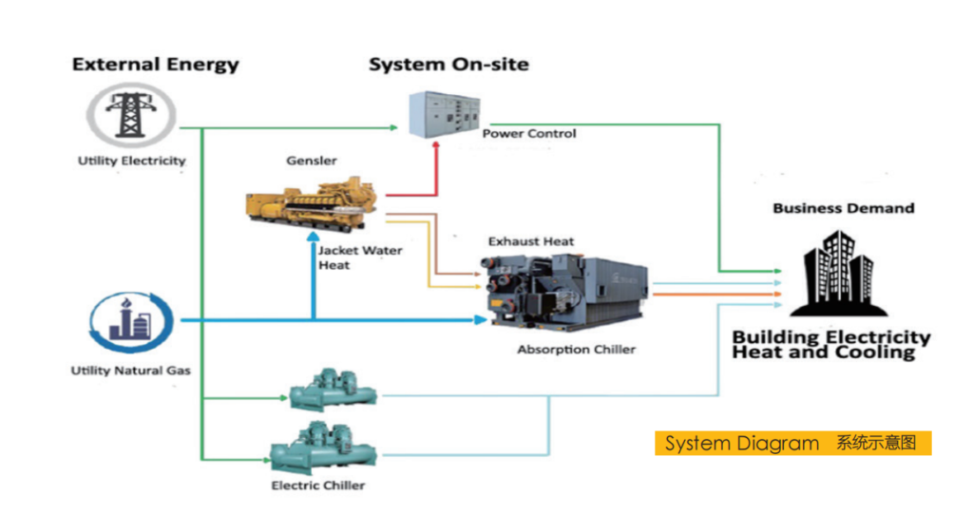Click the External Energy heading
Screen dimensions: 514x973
pyautogui.click(x=155, y=65)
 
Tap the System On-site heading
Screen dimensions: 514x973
pyautogui.click(x=448, y=65)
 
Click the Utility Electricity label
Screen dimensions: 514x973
pyautogui.click(x=131, y=161)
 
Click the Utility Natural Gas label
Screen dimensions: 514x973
pyautogui.click(x=130, y=370)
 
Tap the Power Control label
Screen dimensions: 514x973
pyautogui.click(x=528, y=133)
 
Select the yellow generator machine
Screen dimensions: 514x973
pyautogui.click(x=311, y=202)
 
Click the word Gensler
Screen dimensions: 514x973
pyautogui.click(x=311, y=161)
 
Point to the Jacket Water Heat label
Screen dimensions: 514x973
pyautogui.click(x=346, y=257)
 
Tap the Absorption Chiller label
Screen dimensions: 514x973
pyautogui.click(x=576, y=350)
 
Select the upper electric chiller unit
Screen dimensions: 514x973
pyautogui.click(x=332, y=390)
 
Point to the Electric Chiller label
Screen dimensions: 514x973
pyautogui.click(x=317, y=485)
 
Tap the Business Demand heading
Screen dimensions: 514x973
pyautogui.click(x=843, y=208)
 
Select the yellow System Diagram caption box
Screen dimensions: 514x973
pyautogui.click(x=792, y=443)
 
